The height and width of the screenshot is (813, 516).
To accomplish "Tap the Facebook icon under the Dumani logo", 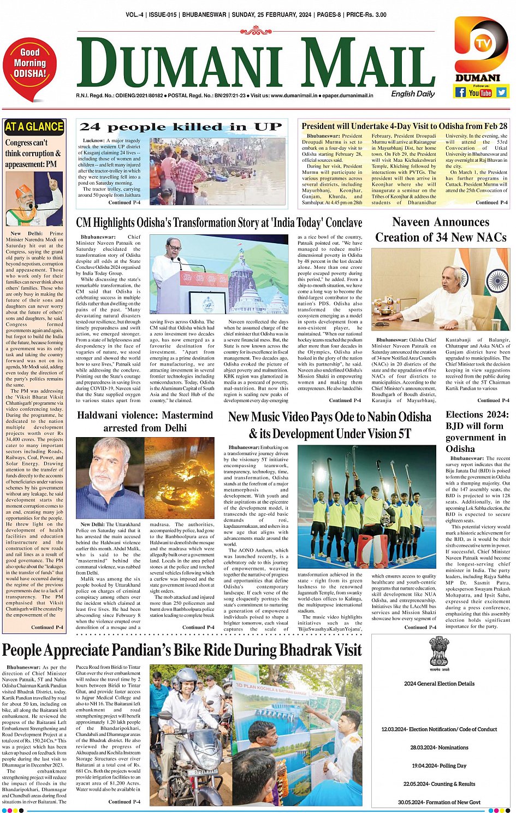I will tap(460, 92).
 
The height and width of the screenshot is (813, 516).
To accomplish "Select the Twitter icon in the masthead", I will tap(501, 92).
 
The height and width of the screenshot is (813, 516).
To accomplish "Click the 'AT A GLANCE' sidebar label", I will tap(34, 127).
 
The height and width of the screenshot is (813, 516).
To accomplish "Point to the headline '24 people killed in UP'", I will tap(181, 127).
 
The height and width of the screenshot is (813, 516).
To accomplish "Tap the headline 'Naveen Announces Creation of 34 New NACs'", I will tap(441, 229).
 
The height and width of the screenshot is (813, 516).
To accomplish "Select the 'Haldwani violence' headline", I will tap(145, 421).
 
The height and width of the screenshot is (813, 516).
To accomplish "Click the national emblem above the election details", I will tap(438, 650).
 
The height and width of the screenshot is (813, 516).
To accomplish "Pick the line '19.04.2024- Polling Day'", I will tap(438, 765).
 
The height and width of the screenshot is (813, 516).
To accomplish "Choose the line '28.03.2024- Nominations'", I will tap(439, 747).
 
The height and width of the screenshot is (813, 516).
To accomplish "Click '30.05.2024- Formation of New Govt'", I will tap(439, 802).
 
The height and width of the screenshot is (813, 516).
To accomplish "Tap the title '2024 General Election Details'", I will tap(439, 684).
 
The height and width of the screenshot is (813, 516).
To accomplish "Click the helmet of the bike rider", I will tap(187, 677).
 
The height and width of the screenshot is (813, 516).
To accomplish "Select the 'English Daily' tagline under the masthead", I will tap(413, 94).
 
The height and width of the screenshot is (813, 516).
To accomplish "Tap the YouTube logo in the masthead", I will tap(481, 93).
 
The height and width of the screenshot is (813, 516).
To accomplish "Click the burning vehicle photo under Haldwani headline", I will tap(180, 477).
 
